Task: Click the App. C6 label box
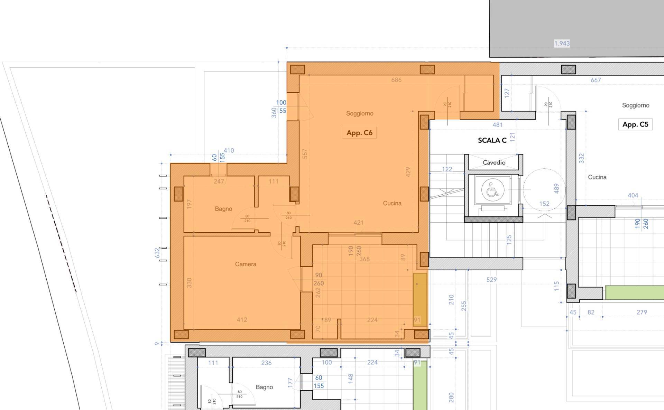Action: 359,133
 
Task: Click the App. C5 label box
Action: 635,124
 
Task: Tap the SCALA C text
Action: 492,140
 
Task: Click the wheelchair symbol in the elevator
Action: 492,189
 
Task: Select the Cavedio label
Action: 494,162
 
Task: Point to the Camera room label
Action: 246,264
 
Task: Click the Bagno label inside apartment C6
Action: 223,209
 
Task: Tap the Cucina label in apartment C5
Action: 597,177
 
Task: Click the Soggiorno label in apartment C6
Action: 359,113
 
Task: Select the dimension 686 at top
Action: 396,80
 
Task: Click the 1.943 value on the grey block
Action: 562,44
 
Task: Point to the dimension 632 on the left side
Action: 157,252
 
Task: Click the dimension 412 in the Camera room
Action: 242,320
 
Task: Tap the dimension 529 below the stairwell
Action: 491,279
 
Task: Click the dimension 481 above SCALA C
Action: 497,125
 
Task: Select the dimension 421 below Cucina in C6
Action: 358,223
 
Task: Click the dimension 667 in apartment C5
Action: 596,80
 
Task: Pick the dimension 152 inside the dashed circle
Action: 544,204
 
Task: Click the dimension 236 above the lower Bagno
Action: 266,363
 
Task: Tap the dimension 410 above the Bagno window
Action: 229,151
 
